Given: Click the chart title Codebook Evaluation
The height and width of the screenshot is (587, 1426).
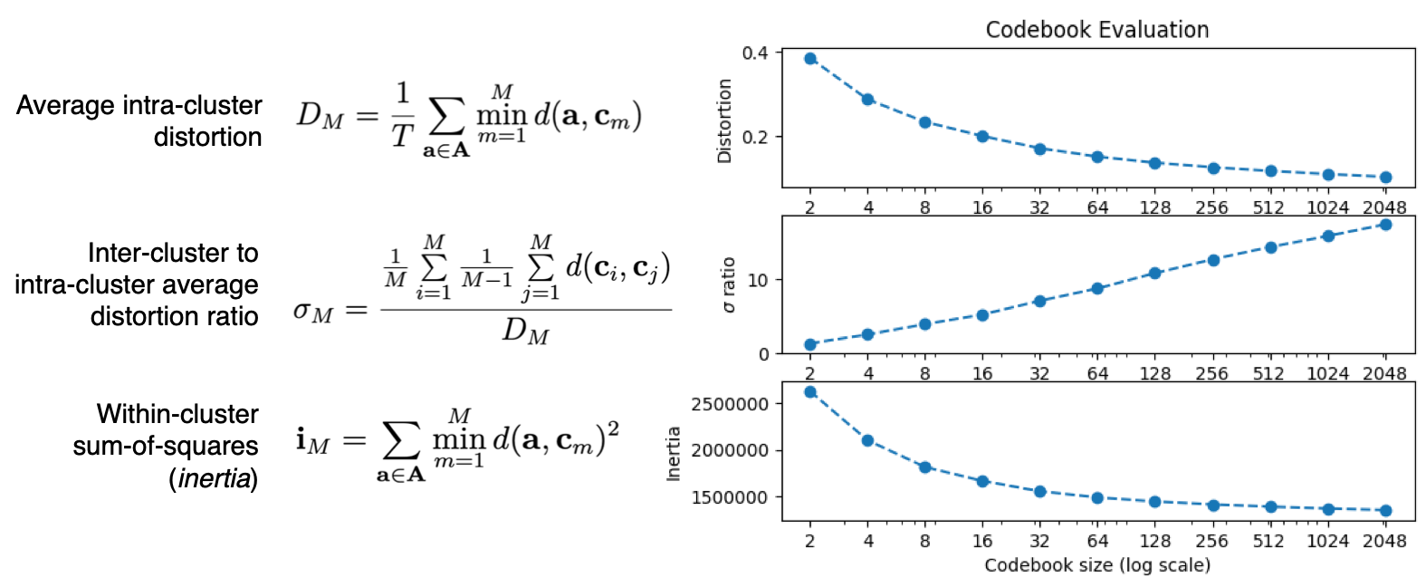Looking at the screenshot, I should coord(1096,30).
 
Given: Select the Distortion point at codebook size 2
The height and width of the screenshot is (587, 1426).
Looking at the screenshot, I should coord(810,59).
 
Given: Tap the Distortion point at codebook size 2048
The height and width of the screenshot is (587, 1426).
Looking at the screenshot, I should coord(1385,178).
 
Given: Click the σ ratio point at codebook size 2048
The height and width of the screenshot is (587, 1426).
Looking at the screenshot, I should coord(1385,225).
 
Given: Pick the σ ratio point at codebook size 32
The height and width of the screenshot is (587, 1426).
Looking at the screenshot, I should coord(1039,301).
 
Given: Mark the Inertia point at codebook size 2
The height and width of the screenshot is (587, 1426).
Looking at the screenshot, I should coord(810,392).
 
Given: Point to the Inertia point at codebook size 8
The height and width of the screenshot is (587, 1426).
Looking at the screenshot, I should coord(924,467).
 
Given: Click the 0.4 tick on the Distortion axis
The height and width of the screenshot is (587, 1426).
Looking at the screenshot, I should coord(755,53).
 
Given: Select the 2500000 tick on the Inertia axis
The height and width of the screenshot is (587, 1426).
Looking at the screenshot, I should coord(729,404).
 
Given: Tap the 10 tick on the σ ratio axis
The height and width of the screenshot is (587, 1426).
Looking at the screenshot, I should coord(758,281).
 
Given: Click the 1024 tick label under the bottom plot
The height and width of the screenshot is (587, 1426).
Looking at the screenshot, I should coord(1327,541).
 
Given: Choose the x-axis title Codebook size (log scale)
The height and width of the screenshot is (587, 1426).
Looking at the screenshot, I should coord(1096,565).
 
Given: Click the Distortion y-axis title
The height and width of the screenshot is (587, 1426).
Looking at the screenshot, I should coord(724,120).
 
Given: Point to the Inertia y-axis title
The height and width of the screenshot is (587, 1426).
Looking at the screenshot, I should coord(674,454).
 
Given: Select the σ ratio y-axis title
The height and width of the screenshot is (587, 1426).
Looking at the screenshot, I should coord(729,285).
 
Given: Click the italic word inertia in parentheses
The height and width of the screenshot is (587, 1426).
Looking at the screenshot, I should coord(215,478).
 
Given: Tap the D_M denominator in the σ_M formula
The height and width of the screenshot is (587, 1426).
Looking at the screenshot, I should coord(525,332).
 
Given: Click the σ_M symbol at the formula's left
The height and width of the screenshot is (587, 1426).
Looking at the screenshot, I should coord(313,313).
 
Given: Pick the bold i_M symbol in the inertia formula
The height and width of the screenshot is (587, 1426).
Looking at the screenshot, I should coord(312,441).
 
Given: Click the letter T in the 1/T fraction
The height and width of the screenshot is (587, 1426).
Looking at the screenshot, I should coord(402,136).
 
